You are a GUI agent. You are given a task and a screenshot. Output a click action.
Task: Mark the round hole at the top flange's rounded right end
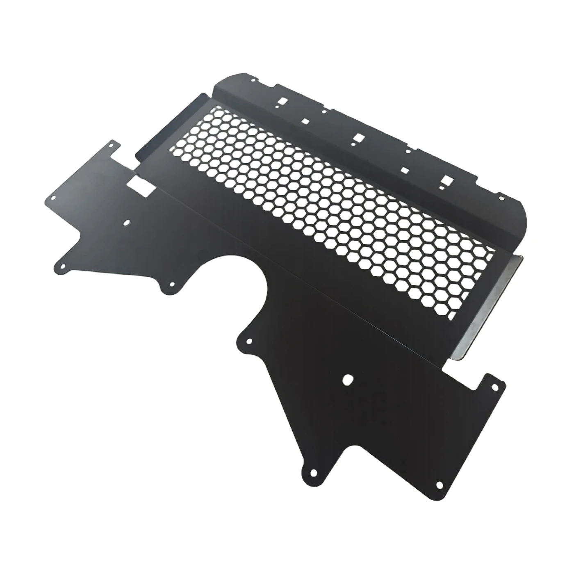point(501,198)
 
